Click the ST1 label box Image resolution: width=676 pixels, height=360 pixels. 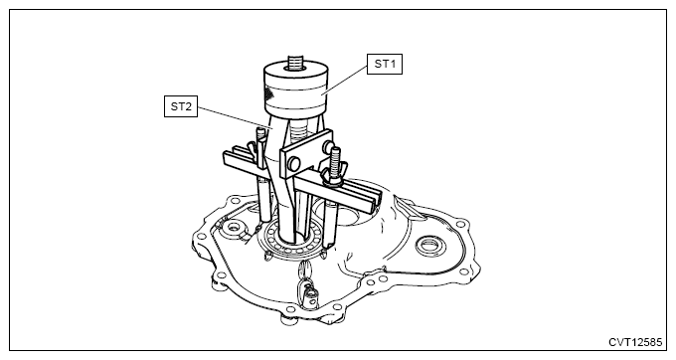(385, 64)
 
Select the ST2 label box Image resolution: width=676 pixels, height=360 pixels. (181, 106)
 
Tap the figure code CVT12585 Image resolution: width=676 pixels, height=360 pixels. (635, 342)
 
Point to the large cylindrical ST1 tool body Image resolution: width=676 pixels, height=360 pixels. (296, 90)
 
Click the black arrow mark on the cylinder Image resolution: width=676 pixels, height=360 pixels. (270, 92)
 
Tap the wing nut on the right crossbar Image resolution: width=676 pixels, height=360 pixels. (331, 176)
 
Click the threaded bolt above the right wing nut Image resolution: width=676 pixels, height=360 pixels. (335, 158)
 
